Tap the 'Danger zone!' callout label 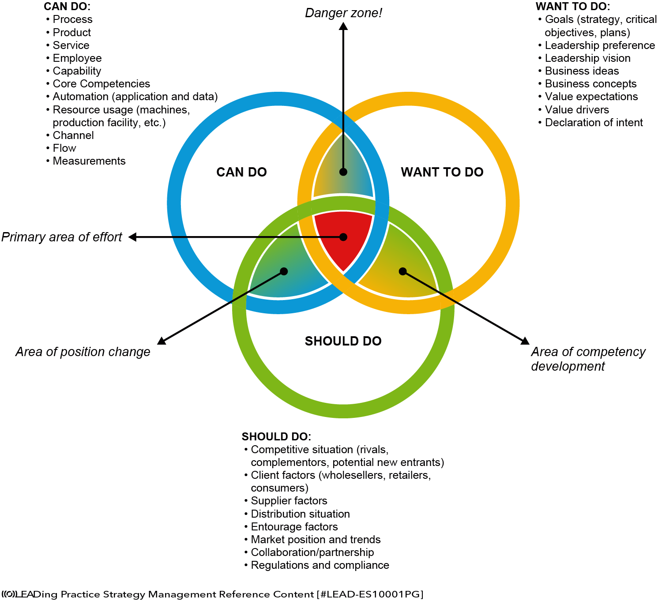click(x=343, y=13)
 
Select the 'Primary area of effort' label click(x=62, y=237)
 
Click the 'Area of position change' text click(x=83, y=352)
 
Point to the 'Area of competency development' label click(x=587, y=359)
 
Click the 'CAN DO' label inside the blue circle click(x=241, y=172)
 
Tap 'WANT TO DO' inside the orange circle click(x=442, y=172)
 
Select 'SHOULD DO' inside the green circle click(x=343, y=341)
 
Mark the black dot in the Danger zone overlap click(x=343, y=172)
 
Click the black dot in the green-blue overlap click(x=284, y=271)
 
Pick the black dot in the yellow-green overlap click(x=402, y=271)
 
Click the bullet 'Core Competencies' click(x=101, y=84)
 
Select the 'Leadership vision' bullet click(x=587, y=58)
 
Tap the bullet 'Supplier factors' click(x=289, y=501)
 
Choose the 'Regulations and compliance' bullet click(x=320, y=565)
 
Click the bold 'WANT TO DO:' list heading click(x=573, y=7)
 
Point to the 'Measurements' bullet click(x=89, y=161)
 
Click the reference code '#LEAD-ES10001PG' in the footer click(x=370, y=594)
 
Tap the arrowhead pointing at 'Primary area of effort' click(x=132, y=237)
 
